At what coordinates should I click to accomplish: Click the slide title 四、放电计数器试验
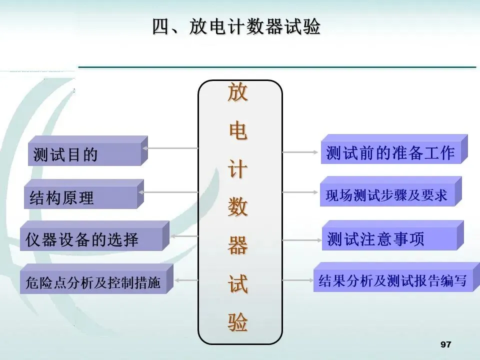(236, 27)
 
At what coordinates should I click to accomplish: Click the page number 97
(445, 344)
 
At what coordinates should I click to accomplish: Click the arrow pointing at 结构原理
(170, 191)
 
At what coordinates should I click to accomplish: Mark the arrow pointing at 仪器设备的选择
(184, 235)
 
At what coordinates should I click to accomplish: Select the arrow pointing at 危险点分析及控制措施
(186, 280)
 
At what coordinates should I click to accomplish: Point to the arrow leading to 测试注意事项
(302, 240)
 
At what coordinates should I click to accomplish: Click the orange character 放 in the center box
(238, 93)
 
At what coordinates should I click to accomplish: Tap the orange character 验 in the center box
(238, 323)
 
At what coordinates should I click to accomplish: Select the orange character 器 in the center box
(238, 245)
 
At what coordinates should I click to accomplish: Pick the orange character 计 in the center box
(238, 169)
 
